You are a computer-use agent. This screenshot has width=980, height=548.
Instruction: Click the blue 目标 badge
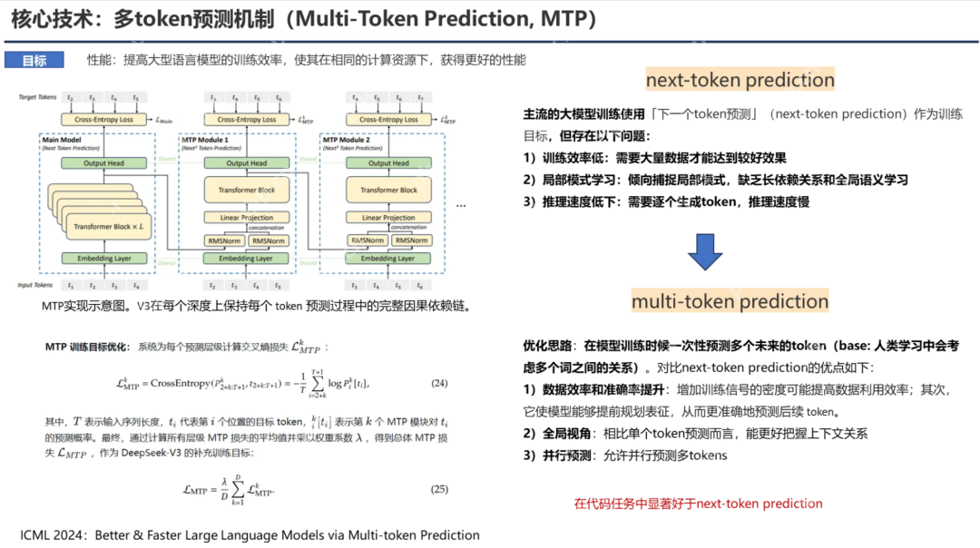click(34, 61)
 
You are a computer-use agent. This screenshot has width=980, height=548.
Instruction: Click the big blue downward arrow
click(705, 251)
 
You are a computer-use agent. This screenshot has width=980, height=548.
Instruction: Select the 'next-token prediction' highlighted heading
click(740, 80)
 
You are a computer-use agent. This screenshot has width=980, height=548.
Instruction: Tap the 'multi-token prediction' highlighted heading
click(730, 301)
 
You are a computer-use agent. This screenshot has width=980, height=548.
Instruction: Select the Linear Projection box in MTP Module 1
click(240, 218)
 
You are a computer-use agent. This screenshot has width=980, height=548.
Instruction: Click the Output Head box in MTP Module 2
click(382, 163)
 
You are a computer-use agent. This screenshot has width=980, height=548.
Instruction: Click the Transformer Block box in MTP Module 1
click(240, 190)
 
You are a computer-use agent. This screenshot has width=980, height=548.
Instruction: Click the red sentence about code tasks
click(698, 504)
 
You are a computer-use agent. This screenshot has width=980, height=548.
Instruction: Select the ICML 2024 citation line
click(250, 534)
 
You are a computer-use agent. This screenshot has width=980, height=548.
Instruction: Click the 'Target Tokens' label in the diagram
click(37, 96)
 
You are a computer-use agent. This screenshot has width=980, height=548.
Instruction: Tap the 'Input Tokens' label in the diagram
click(35, 285)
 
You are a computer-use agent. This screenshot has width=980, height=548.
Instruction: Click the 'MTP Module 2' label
click(346, 141)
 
